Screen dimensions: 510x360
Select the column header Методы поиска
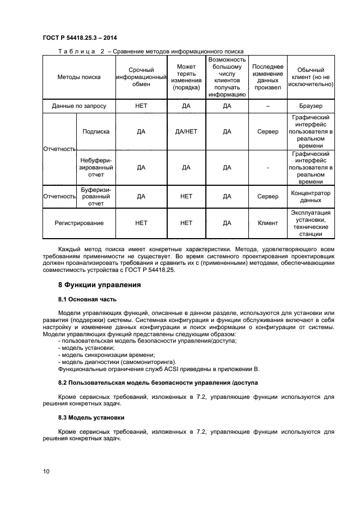(79, 77)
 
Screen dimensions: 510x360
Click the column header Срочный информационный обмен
(141, 77)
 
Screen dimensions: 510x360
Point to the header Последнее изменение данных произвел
(267, 77)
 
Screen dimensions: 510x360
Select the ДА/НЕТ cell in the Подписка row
(186, 131)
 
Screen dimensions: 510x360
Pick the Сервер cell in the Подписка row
(267, 131)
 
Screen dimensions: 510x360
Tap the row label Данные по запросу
(79, 106)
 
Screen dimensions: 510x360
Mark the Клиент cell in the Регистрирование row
(267, 223)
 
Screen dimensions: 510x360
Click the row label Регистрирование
(79, 223)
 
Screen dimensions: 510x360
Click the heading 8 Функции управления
(100, 284)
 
